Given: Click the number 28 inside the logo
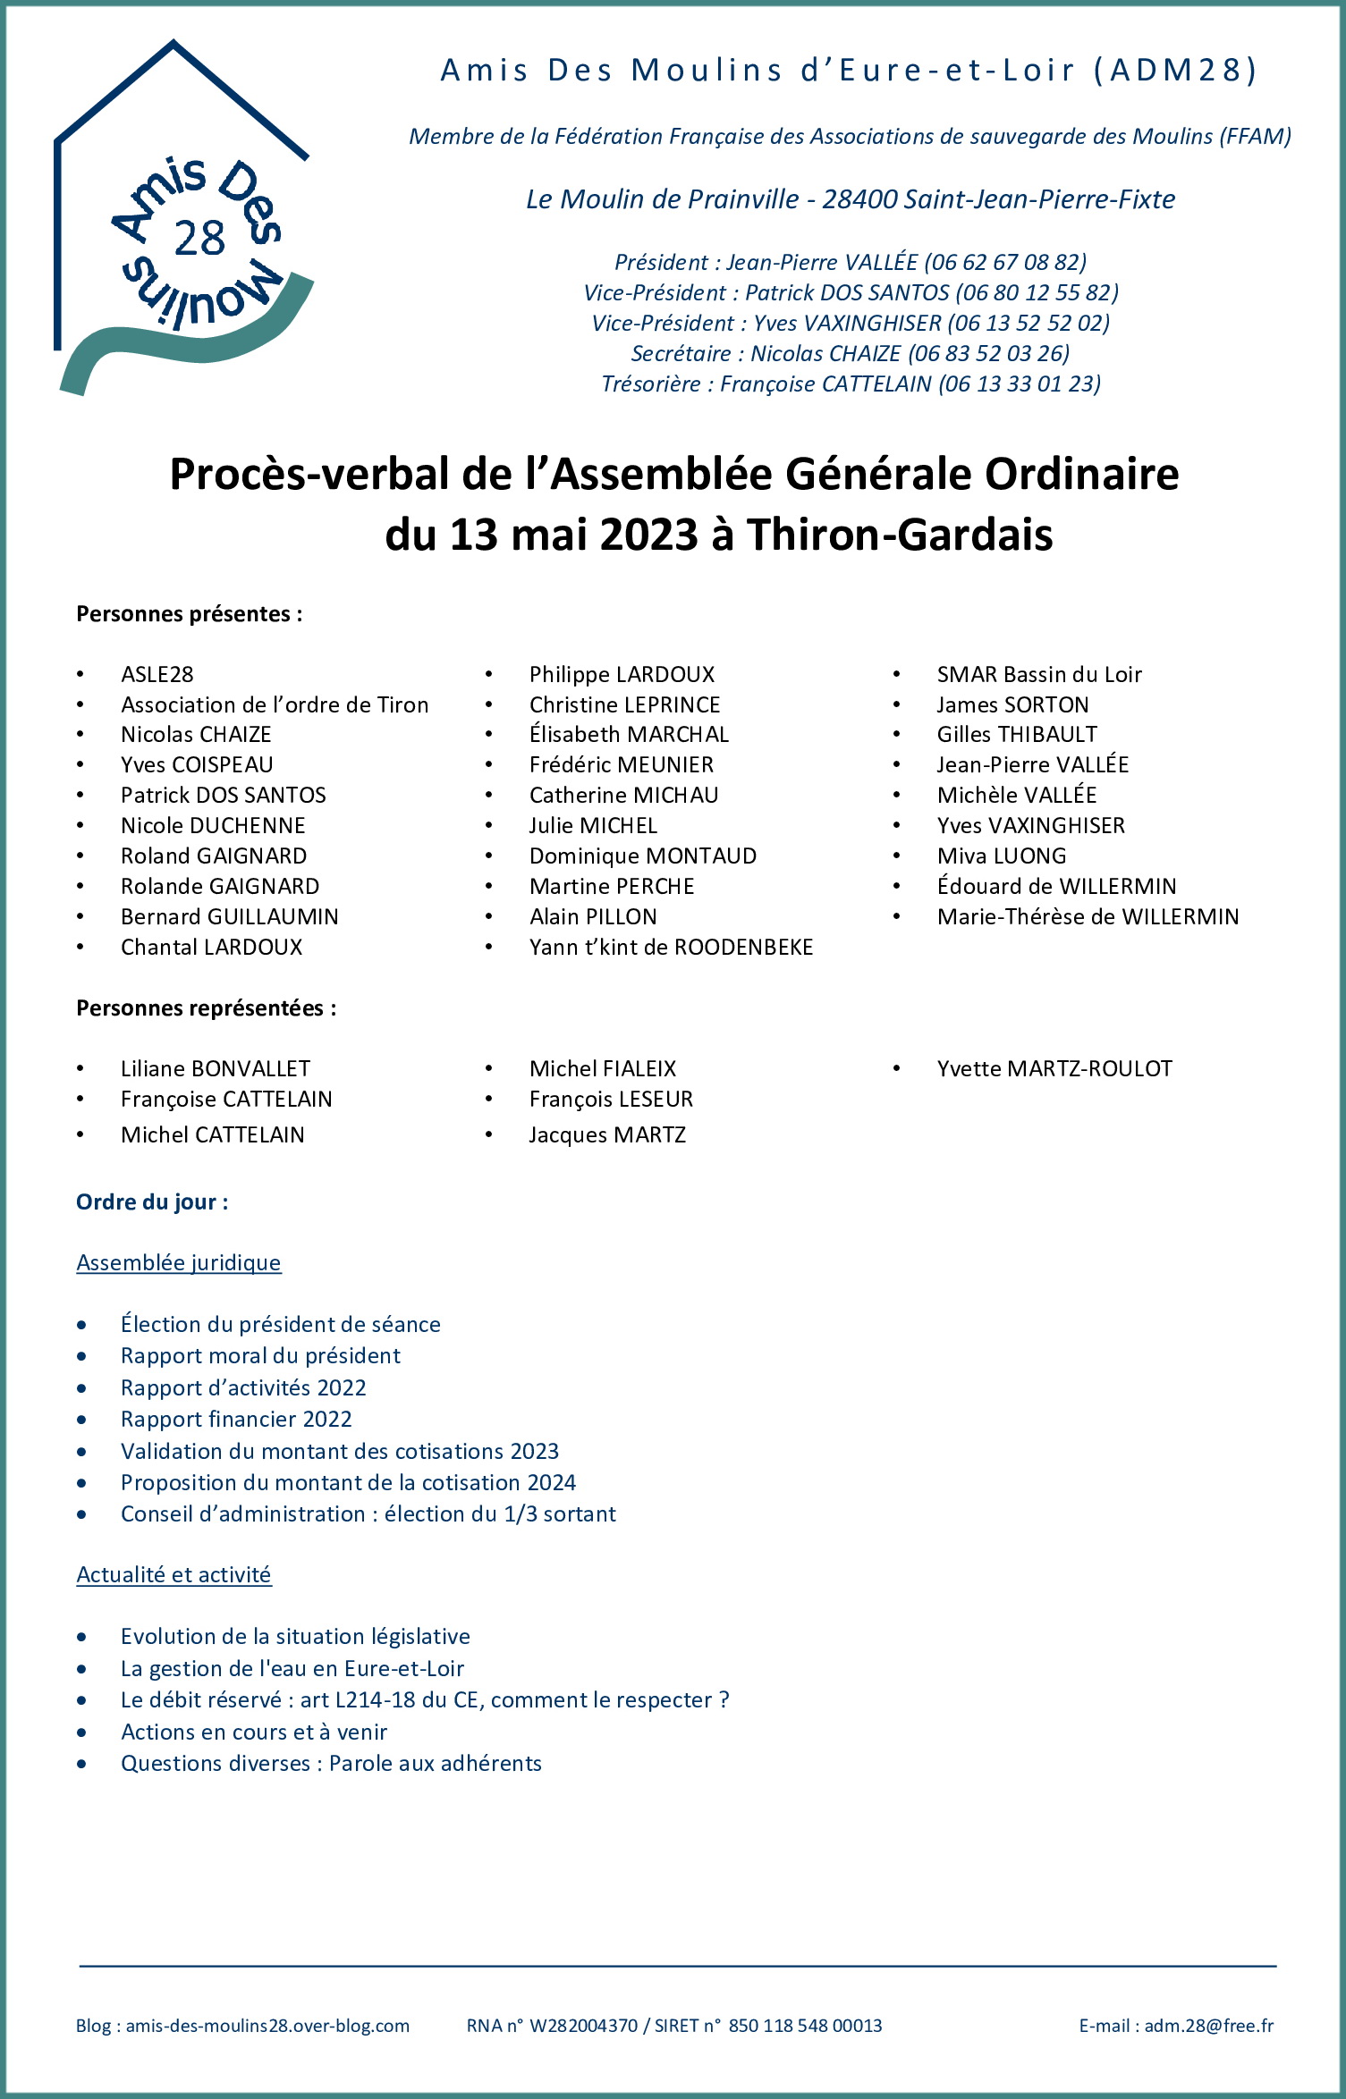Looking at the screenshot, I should (x=199, y=239).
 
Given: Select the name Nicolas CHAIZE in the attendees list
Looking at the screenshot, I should (x=196, y=734).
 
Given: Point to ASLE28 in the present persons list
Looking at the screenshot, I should (x=157, y=674).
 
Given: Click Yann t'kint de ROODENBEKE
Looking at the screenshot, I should (x=671, y=947).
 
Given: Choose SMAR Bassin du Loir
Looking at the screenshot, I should (x=1039, y=674).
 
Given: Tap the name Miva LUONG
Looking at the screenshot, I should (x=1002, y=856).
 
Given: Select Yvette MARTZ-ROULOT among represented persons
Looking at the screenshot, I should (x=1054, y=1068).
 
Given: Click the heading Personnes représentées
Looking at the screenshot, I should (x=206, y=1007).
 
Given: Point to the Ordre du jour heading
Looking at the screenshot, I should (x=152, y=1201).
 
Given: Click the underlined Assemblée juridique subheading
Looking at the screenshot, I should (x=179, y=1262).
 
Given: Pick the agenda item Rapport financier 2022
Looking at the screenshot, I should (x=236, y=1419).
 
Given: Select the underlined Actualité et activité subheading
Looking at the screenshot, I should (x=174, y=1574).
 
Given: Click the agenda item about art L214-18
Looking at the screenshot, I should (x=425, y=1699).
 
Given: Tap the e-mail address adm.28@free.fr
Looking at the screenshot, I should (x=1208, y=2026).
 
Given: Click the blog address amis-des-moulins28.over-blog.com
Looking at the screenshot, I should (x=267, y=2026).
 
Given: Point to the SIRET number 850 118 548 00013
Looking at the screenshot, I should (x=805, y=2026).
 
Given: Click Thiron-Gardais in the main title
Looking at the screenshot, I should (x=900, y=535).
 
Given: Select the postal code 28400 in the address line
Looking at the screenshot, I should (x=859, y=198).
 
